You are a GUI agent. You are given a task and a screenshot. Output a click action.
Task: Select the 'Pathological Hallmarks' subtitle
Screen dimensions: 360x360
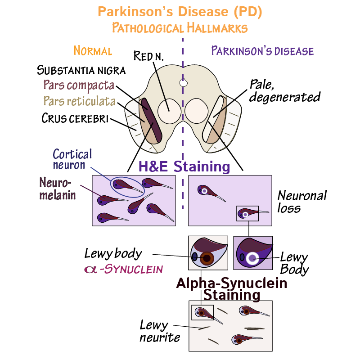180,28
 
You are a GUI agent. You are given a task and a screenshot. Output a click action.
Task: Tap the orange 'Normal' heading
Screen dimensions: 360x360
93,50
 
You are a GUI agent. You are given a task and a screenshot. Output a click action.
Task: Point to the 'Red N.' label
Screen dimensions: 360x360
149,56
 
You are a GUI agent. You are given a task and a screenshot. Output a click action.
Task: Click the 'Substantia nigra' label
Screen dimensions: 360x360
81,70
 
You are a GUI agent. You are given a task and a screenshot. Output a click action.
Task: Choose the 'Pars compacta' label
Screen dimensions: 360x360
79,85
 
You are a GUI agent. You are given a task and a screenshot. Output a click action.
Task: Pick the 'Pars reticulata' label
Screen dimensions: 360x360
79,101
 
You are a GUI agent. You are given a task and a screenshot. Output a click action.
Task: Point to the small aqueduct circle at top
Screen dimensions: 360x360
183,83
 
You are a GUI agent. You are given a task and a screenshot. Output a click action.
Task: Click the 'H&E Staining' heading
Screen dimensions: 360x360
184,166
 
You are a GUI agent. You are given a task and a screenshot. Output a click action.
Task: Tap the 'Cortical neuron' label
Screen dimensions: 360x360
72,159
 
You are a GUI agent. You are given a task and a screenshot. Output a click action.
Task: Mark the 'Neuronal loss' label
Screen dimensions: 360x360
301,202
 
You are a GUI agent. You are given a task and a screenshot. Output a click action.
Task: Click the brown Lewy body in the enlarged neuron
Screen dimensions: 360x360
207,258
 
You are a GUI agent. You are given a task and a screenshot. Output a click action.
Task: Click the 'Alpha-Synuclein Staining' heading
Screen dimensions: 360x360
231,289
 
